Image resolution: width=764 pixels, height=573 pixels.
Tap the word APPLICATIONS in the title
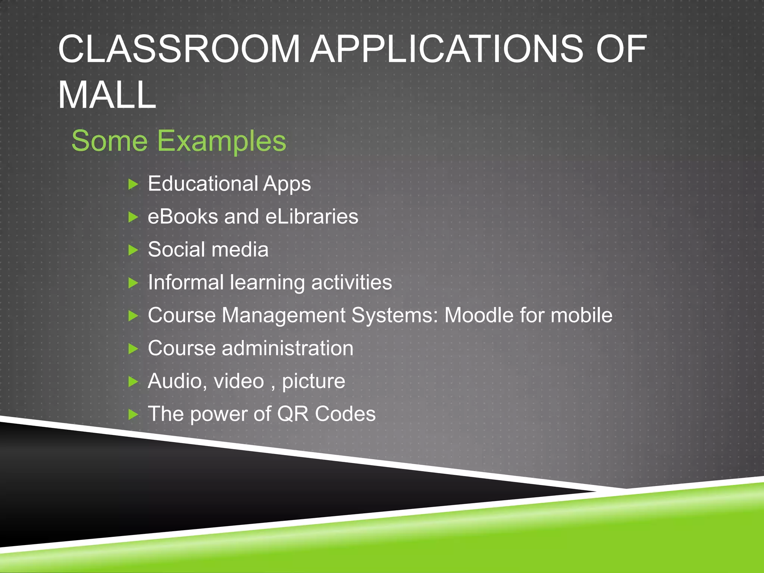[x=446, y=49]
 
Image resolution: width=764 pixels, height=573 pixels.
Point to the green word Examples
[x=221, y=141]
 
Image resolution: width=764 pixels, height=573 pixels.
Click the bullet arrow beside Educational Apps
[x=133, y=184]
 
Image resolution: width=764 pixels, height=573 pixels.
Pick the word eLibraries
[x=311, y=216]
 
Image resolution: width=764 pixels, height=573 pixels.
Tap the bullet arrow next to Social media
[x=133, y=250]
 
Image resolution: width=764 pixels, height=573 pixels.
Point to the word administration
[x=287, y=348]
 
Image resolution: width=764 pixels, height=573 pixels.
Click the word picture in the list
[x=313, y=381]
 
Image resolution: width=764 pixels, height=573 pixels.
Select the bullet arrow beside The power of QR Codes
[x=133, y=414]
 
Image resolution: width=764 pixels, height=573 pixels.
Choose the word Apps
[x=287, y=184]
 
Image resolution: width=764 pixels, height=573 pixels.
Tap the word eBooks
[x=183, y=216]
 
